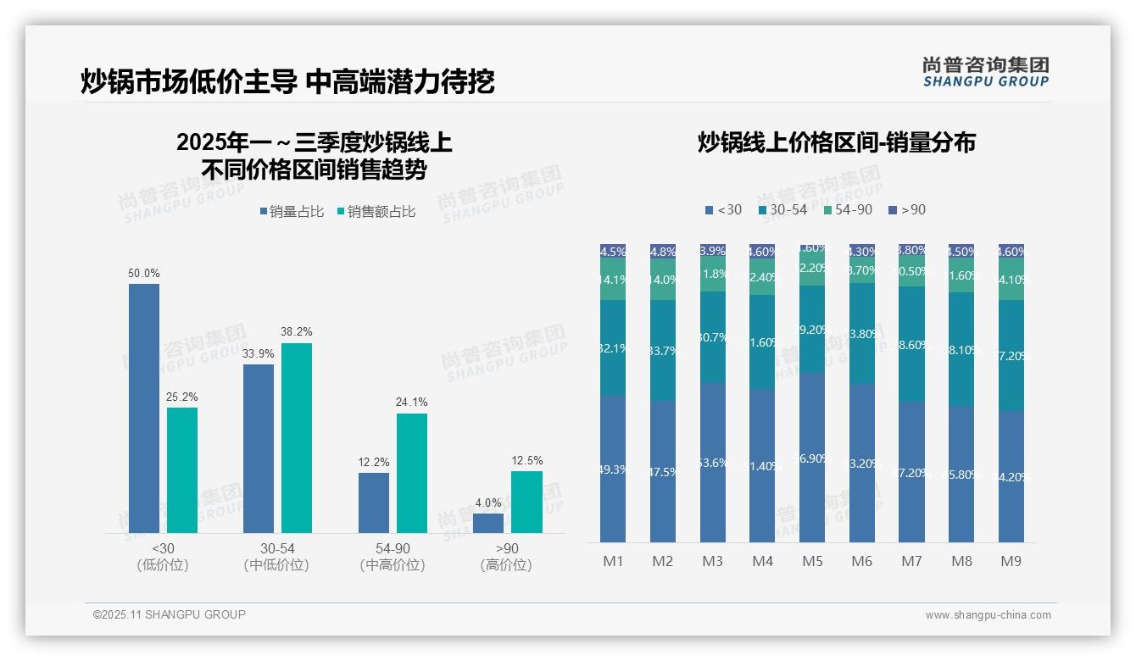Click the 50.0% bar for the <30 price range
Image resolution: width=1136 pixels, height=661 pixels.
(x=144, y=408)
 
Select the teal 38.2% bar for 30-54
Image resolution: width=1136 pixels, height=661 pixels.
(x=297, y=437)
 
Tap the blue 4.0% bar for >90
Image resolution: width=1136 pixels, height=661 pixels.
(x=488, y=523)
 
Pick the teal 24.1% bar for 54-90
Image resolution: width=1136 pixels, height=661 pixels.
(x=412, y=473)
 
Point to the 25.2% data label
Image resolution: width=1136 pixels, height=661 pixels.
(x=182, y=397)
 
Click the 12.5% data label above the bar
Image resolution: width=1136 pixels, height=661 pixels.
(x=526, y=460)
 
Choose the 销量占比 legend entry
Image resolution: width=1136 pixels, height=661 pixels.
(x=292, y=212)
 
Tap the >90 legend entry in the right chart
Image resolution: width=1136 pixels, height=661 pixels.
(x=907, y=209)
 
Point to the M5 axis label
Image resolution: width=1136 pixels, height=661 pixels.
(x=812, y=561)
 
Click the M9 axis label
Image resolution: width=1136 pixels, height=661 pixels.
(x=1011, y=561)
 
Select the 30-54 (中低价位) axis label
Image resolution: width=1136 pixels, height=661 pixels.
(x=276, y=557)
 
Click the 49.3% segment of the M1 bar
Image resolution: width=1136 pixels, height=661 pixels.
(x=613, y=469)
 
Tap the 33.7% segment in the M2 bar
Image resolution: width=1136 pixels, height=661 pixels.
(x=662, y=350)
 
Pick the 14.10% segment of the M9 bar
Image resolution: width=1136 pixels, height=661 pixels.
(x=1011, y=280)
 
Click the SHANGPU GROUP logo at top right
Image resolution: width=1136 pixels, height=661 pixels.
(x=985, y=72)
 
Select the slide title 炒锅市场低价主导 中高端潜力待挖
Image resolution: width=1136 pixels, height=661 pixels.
(x=287, y=81)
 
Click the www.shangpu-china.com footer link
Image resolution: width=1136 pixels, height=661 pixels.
(x=988, y=615)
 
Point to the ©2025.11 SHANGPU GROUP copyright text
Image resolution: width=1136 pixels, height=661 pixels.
(x=170, y=614)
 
